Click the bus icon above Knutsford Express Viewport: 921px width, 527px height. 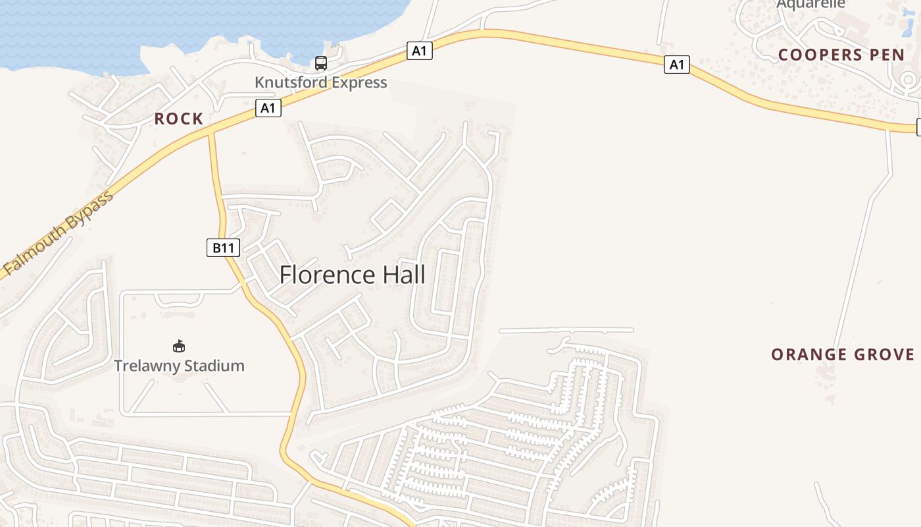320,63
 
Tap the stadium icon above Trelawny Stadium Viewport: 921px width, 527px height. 178,346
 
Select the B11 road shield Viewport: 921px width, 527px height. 224,248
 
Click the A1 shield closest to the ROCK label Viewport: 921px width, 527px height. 268,107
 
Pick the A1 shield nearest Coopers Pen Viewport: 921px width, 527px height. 676,65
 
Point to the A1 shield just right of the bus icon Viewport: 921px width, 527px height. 419,51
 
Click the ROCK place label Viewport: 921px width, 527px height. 179,119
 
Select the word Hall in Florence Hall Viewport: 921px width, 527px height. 403,275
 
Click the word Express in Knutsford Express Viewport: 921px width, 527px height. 360,82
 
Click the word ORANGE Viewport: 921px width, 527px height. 809,354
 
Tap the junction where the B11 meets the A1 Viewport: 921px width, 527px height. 211,132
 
